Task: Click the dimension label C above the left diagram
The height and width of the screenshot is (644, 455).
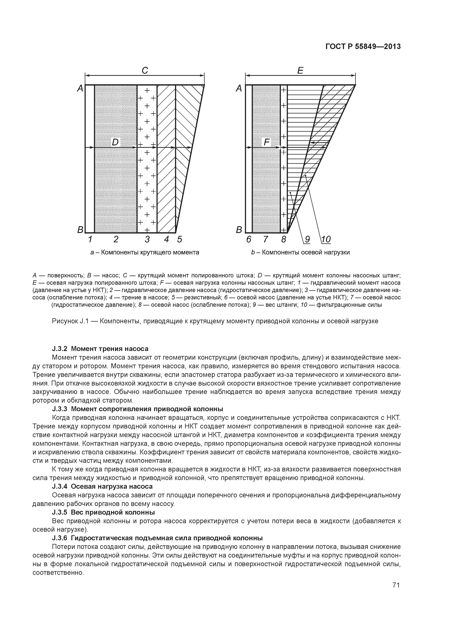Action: pyautogui.click(x=145, y=70)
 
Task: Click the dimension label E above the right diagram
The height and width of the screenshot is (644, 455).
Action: pyautogui.click(x=300, y=70)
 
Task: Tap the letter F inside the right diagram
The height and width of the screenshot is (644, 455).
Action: pyautogui.click(x=266, y=143)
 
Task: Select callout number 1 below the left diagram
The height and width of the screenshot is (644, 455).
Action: pyautogui.click(x=90, y=239)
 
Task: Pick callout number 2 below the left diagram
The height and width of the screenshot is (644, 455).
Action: pyautogui.click(x=116, y=239)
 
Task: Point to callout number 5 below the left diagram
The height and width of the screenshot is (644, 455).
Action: pyautogui.click(x=179, y=239)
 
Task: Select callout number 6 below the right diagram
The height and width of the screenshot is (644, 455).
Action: pyautogui.click(x=249, y=239)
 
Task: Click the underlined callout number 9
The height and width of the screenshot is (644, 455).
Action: pyautogui.click(x=307, y=239)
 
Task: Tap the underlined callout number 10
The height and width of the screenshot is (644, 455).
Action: pyautogui.click(x=326, y=239)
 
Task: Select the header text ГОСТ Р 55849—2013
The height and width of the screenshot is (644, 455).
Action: pyautogui.click(x=363, y=47)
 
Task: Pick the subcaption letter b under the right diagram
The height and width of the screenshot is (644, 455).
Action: pyautogui.click(x=253, y=252)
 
